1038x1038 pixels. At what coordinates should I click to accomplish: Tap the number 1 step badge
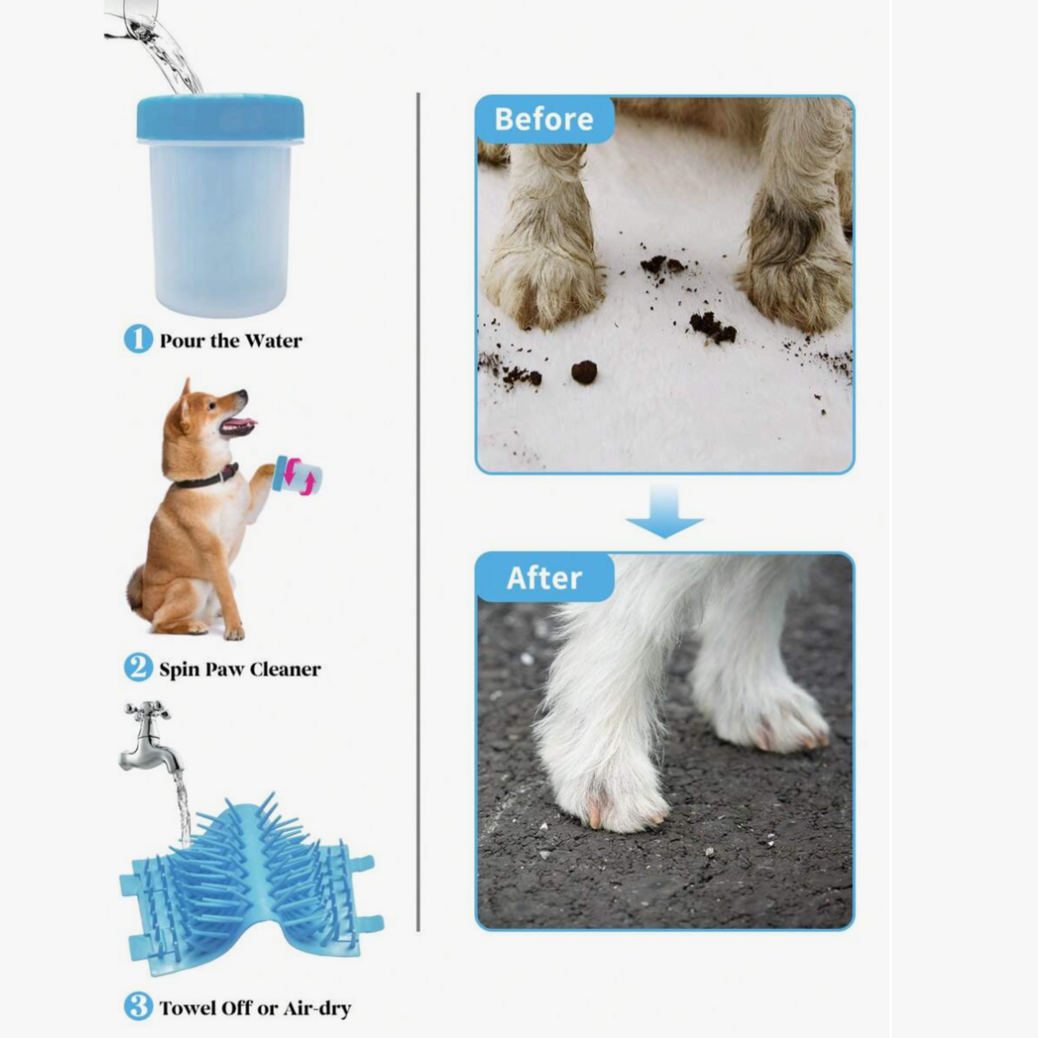[x=138, y=340]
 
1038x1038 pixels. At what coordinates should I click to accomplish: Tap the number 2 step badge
[x=138, y=669]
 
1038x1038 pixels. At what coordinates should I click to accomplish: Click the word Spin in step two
[x=180, y=670]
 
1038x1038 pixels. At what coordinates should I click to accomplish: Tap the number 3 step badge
[x=138, y=1007]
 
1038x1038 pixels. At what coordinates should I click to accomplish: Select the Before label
[x=544, y=119]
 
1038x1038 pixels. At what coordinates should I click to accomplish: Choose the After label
[x=544, y=578]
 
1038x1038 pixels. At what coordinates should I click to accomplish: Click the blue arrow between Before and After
[x=664, y=511]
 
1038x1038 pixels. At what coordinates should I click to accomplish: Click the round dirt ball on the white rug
[x=585, y=371]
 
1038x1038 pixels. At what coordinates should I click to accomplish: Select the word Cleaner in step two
[x=285, y=669]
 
